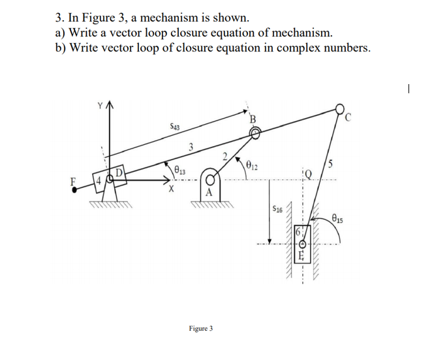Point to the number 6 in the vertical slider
[x=298, y=233]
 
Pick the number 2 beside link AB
[x=224, y=156]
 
